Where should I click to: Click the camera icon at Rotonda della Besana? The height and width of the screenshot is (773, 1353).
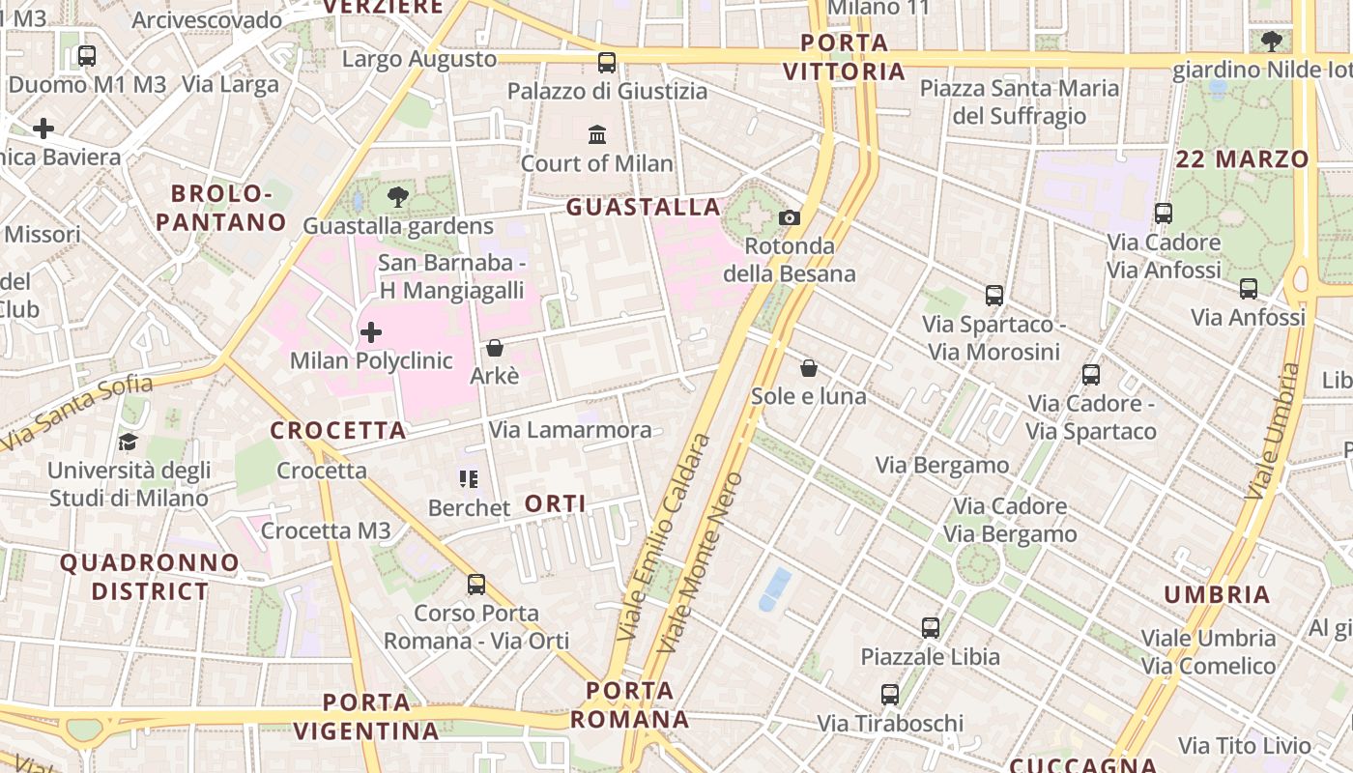(x=790, y=217)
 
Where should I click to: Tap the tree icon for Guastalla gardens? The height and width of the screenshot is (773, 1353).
(x=397, y=198)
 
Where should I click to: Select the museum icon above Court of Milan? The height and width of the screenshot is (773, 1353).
(x=597, y=134)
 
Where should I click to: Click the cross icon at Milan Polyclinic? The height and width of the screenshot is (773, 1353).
(x=371, y=333)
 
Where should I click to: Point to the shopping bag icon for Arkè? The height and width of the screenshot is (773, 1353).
(x=495, y=348)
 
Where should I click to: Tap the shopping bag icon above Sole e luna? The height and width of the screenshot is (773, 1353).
(x=809, y=368)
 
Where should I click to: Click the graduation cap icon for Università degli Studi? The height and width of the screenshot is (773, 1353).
(x=128, y=443)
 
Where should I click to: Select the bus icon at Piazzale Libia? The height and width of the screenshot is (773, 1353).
(x=931, y=628)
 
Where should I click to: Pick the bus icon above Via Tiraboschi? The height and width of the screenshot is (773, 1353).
(x=890, y=695)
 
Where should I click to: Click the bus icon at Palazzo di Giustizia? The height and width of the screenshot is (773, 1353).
(x=607, y=63)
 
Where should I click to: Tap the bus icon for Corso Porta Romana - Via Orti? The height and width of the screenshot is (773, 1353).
(x=476, y=585)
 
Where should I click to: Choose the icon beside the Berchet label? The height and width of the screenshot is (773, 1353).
(x=469, y=479)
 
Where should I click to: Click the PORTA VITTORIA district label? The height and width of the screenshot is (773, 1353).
(x=845, y=57)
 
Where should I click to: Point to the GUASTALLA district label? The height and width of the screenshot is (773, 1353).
(x=644, y=207)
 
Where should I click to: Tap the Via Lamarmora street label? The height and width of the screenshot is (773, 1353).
(x=570, y=430)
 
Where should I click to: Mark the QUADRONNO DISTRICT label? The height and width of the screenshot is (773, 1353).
(x=149, y=577)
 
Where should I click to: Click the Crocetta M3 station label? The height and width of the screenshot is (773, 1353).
(x=326, y=530)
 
